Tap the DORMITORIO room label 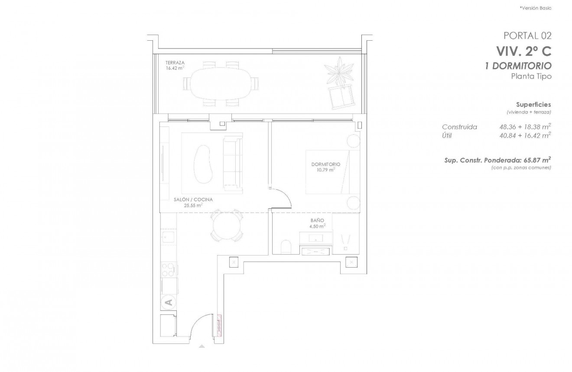[325, 165]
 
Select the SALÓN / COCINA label [193, 200]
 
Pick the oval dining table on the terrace [221, 83]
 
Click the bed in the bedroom [333, 172]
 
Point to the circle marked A [169, 302]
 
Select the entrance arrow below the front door [201, 346]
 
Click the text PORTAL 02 [527, 36]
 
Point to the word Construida [459, 127]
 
